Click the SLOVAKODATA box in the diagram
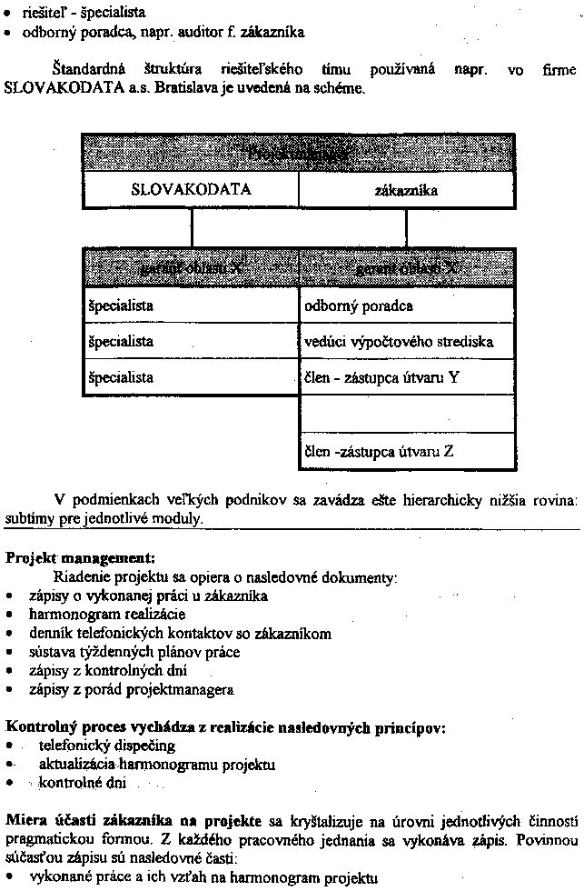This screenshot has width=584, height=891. [191, 190]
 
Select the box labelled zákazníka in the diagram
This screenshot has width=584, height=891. [406, 190]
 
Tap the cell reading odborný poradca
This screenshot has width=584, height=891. [407, 305]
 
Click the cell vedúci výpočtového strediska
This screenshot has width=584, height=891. [407, 342]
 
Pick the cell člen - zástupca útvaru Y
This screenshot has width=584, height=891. [407, 377]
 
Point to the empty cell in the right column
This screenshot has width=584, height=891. [407, 414]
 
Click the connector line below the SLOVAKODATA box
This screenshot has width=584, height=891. [192, 227]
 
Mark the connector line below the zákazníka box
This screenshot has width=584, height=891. [406, 227]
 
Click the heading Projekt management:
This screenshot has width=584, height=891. [81, 557]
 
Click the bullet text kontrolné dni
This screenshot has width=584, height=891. [84, 782]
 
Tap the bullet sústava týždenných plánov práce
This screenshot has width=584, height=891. [134, 652]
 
